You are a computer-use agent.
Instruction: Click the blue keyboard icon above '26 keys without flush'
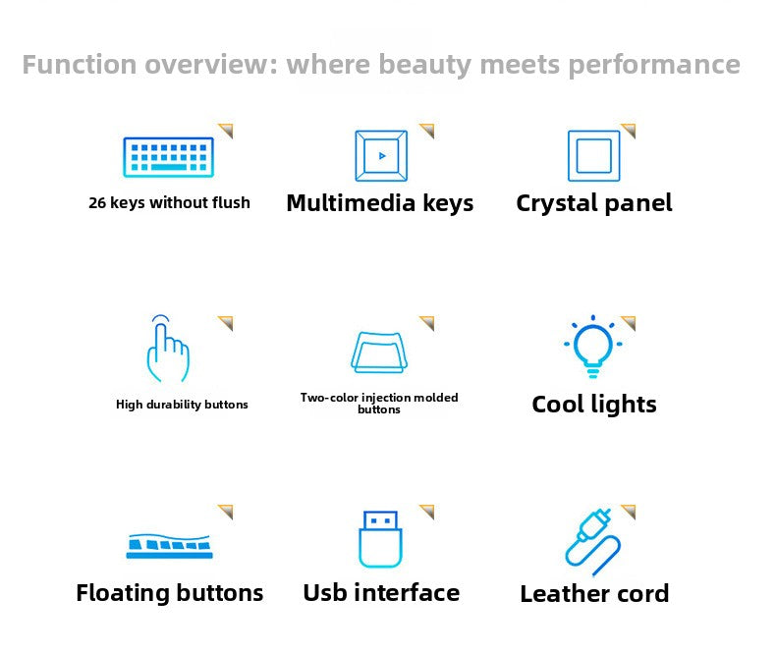168,157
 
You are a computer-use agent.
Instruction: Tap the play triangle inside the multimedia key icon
382,156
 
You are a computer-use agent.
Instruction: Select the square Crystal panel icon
594,156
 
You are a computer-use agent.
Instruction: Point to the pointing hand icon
168,349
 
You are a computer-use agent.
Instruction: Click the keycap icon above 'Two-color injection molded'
379,353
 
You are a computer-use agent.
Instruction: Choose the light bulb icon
593,347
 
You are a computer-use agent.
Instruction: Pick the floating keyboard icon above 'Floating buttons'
169,546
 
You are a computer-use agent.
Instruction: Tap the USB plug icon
380,539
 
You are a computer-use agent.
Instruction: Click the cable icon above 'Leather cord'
593,542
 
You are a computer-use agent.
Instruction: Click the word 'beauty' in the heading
424,65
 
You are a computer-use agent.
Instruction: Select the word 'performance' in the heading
654,65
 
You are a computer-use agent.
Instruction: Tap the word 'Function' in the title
80,64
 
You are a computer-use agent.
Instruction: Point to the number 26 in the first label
97,203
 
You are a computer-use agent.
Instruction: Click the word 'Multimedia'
351,203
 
